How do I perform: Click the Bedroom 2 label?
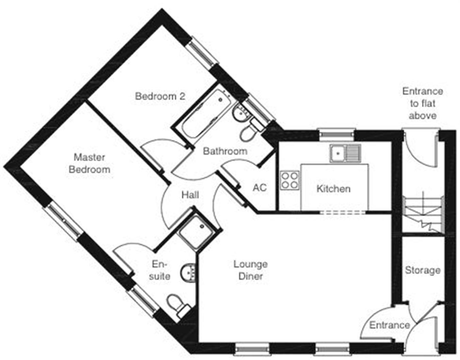tap(160, 96)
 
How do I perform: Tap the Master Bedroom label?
tap(89, 163)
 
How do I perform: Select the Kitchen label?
tap(333, 189)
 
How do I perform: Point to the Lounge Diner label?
tap(250, 270)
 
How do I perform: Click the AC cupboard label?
tap(259, 187)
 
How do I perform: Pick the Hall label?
tap(190, 195)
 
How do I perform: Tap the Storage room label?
tap(423, 270)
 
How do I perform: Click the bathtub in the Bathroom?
tap(205, 115)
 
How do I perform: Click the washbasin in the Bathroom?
tap(241, 113)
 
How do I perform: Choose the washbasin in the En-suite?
tap(189, 273)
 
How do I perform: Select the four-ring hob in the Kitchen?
tap(290, 180)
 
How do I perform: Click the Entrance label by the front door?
tap(389, 325)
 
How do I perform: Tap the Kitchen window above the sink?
tap(336, 134)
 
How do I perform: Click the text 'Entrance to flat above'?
tap(423, 103)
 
